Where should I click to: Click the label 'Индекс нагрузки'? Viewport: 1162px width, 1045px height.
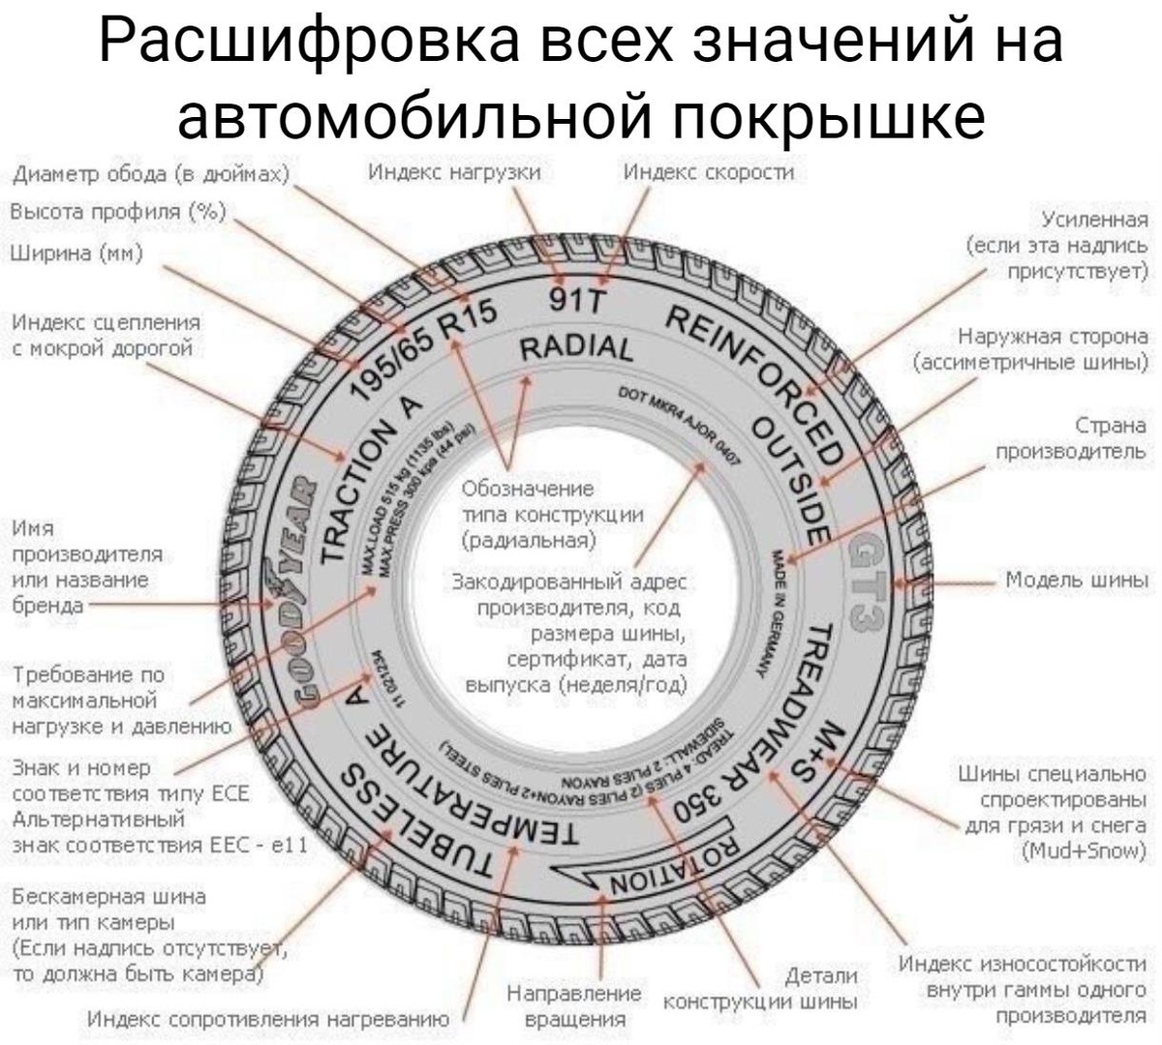tap(455, 172)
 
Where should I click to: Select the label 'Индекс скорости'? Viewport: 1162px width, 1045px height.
tap(708, 172)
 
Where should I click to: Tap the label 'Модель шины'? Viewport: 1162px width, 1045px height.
tap(1076, 580)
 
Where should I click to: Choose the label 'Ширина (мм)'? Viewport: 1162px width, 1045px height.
tap(76, 254)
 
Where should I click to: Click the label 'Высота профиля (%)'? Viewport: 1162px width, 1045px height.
tap(117, 212)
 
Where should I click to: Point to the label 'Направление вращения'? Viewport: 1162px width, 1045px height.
tap(574, 1006)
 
